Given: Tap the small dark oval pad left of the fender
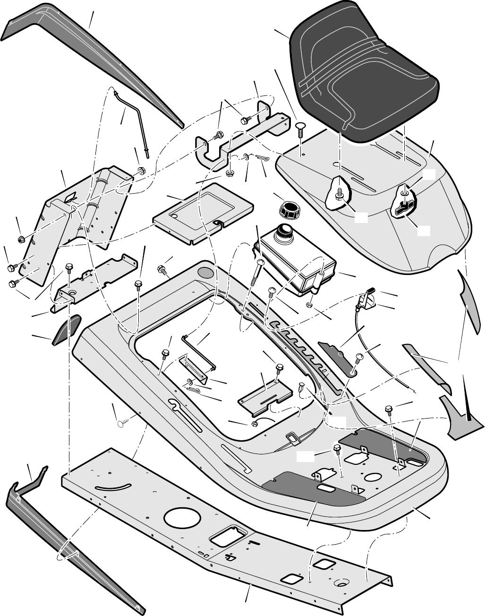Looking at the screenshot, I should pos(67,328).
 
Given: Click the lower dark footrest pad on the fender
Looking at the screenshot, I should pos(315,488).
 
